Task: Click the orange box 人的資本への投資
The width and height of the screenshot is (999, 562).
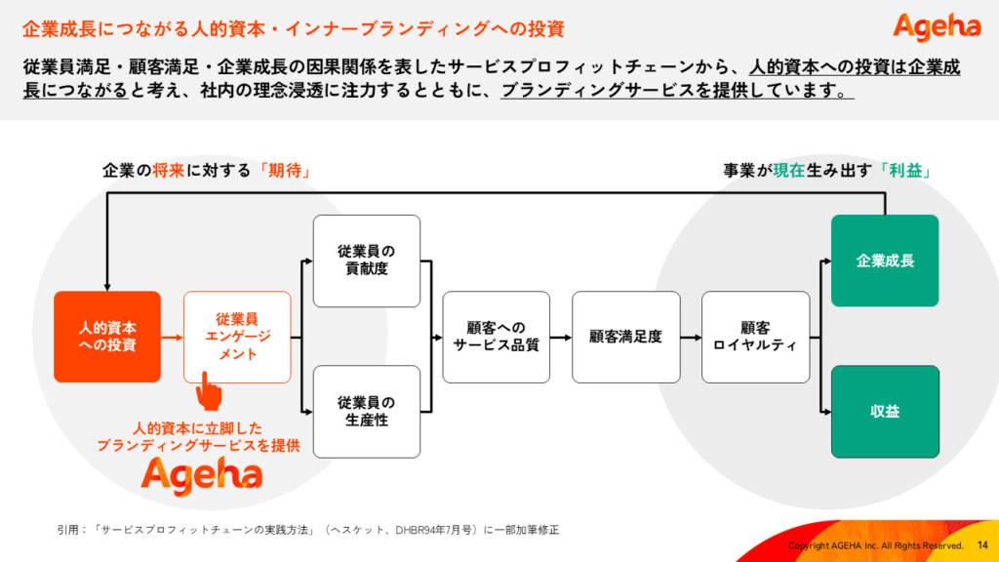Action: pos(107,337)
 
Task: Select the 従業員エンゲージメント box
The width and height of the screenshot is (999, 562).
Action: pos(237,337)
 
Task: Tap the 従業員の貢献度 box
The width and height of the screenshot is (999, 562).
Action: pos(367,261)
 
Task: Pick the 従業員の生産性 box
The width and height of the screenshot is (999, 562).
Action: pos(367,412)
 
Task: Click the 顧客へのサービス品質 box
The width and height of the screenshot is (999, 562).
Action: pos(496,337)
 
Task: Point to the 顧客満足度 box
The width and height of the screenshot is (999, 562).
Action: pos(625,337)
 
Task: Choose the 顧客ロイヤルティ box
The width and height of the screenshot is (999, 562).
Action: pos(756,337)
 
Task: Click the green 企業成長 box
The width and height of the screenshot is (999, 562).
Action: pos(885,261)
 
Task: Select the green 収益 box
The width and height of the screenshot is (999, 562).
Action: pos(885,412)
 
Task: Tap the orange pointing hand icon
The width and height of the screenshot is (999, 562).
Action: pos(209,392)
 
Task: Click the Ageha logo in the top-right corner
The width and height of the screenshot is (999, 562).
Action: pos(937,27)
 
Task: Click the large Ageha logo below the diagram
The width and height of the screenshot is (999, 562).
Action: pos(201,476)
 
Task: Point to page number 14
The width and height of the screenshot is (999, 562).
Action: pos(982,545)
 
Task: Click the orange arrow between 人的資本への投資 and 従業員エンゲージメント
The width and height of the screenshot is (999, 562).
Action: pos(172,337)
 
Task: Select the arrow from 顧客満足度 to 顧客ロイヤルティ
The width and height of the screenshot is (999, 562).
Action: pos(691,337)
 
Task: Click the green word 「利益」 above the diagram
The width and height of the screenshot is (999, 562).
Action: pos(905,171)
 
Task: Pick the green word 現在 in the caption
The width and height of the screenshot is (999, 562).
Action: pos(788,171)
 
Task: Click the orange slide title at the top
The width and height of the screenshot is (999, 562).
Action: pos(293,28)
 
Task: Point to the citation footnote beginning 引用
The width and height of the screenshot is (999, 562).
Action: pos(307,530)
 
